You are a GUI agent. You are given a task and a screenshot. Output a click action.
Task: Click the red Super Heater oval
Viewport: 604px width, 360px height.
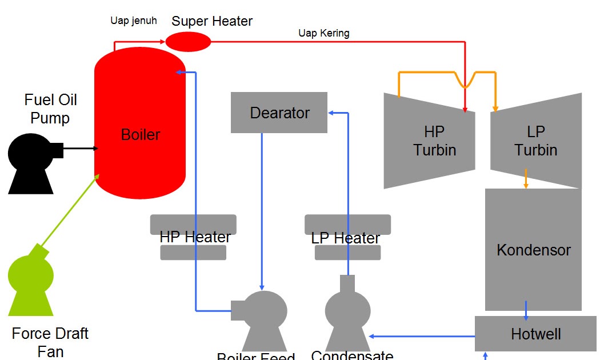[188, 42]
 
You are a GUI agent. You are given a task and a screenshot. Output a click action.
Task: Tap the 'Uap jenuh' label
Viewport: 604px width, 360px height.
[133, 21]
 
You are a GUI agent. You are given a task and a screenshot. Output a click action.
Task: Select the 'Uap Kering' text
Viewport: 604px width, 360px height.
[323, 33]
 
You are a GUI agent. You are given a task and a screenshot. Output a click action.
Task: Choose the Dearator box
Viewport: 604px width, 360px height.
[279, 113]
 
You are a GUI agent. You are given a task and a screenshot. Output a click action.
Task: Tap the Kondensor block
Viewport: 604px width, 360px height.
[533, 250]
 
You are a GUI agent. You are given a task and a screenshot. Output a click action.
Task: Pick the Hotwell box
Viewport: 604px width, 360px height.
[535, 334]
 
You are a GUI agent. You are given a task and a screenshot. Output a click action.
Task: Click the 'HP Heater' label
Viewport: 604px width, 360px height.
[195, 237]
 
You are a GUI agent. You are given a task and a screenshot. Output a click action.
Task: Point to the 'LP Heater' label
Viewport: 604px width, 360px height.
[346, 238]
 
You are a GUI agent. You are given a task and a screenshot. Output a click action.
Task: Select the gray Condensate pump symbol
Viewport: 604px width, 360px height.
[347, 314]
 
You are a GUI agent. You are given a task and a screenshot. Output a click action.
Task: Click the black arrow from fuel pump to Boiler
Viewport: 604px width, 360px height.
[80, 149]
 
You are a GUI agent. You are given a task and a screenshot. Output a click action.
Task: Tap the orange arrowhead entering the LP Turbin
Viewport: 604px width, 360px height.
[495, 107]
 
